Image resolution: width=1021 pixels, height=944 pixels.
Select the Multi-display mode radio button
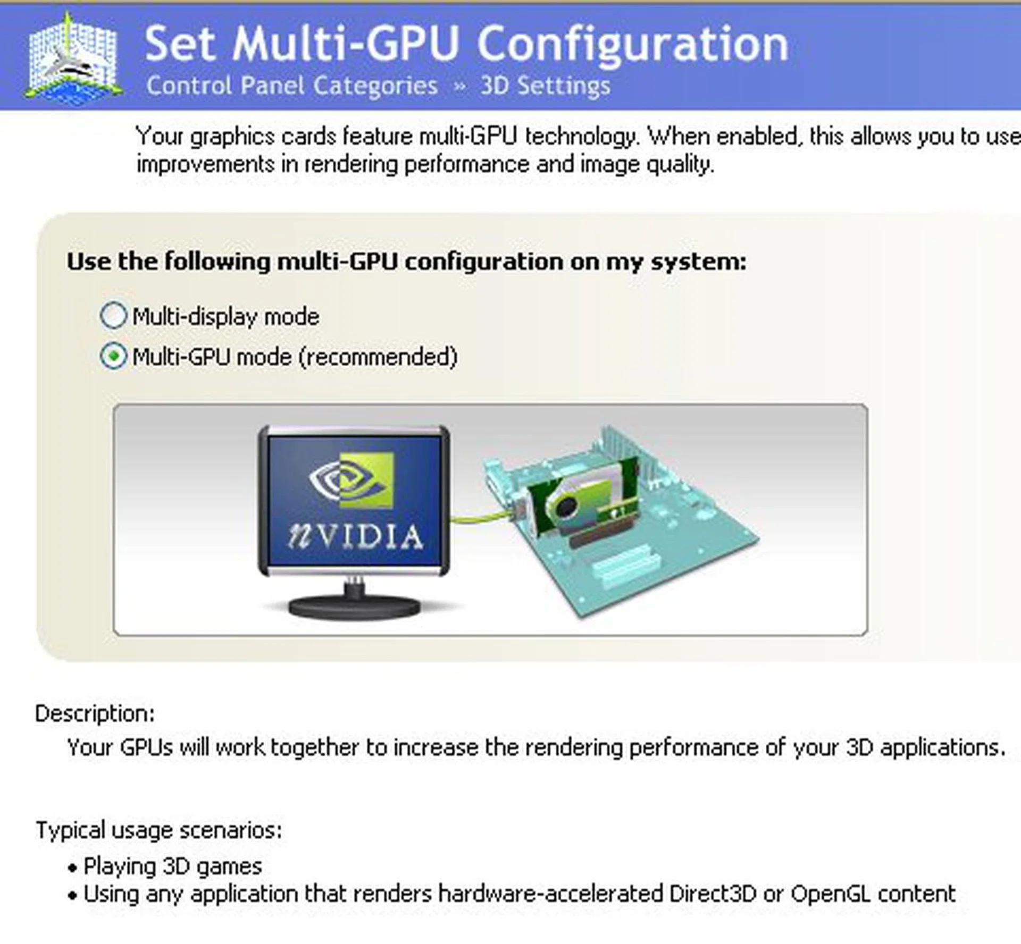click(x=113, y=316)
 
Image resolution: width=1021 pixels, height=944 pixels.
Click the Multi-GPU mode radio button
click(x=113, y=356)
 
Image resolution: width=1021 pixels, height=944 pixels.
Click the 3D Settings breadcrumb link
click(x=545, y=85)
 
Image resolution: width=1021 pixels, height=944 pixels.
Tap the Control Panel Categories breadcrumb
click(x=291, y=85)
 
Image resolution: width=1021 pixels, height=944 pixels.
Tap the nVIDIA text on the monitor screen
click(x=355, y=537)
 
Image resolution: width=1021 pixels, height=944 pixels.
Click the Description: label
click(x=95, y=713)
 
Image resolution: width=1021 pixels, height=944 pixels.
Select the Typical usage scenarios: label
click(x=158, y=830)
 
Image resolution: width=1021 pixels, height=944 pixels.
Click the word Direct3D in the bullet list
click(x=713, y=894)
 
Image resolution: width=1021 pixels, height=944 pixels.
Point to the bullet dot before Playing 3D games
click(x=72, y=869)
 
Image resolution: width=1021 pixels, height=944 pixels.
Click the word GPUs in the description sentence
click(x=146, y=747)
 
